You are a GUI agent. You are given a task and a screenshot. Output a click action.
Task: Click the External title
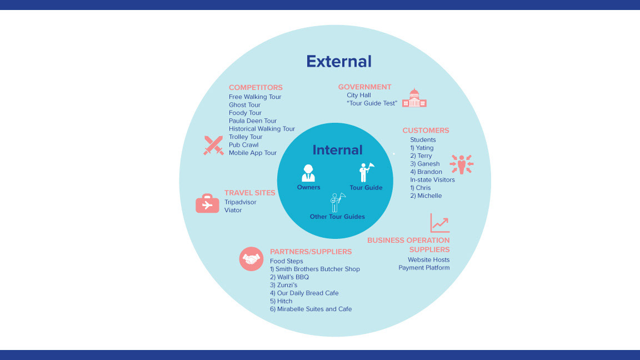click(339, 61)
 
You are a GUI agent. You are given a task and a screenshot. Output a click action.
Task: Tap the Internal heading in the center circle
click(337, 150)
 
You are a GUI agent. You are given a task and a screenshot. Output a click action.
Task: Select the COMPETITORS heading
click(256, 87)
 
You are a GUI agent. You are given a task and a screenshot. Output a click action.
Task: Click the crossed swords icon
click(213, 145)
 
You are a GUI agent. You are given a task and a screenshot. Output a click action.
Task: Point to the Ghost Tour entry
click(244, 105)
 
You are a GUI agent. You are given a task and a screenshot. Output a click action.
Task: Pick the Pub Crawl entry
click(243, 145)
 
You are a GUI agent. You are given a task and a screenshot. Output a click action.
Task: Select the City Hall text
click(359, 95)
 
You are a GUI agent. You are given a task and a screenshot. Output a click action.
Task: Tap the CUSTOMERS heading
click(426, 131)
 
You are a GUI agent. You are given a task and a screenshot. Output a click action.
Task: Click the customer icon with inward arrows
click(462, 164)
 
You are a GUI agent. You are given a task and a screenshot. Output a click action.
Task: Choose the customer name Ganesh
click(425, 164)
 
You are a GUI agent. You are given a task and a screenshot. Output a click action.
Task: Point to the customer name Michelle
click(426, 196)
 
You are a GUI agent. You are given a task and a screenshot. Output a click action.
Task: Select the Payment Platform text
click(424, 268)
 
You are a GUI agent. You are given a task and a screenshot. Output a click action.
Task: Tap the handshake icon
click(251, 259)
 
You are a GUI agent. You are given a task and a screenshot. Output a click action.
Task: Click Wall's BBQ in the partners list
click(289, 277)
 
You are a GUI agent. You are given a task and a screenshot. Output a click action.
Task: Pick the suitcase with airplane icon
click(207, 203)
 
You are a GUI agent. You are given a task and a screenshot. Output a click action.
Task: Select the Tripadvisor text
click(241, 202)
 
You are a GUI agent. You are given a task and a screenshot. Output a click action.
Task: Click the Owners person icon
click(308, 173)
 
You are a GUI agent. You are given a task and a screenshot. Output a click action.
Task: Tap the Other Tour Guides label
click(337, 217)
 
